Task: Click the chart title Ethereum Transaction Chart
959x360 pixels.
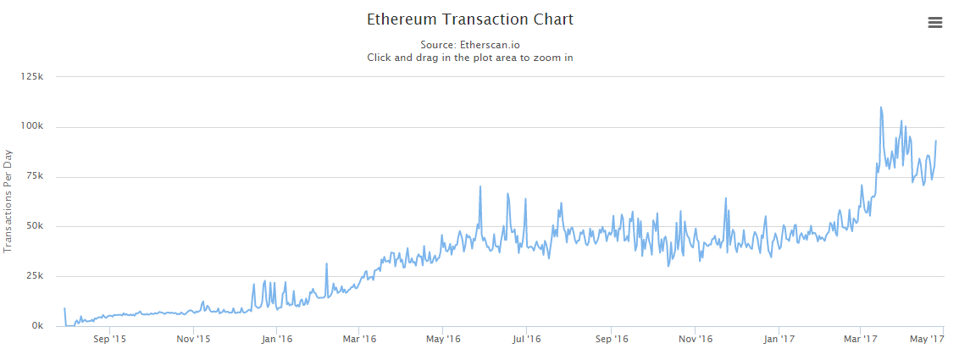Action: point(470,19)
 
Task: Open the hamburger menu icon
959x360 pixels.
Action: point(935,23)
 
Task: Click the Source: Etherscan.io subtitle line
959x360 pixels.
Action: point(470,44)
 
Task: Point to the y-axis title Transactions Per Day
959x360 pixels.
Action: point(8,202)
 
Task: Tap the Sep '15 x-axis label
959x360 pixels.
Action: point(109,340)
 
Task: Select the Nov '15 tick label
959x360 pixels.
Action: point(193,340)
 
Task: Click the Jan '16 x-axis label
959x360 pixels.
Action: point(276,340)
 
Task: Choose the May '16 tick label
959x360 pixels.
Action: point(443,340)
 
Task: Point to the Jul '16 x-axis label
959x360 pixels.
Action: point(526,340)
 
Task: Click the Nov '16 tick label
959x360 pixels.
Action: point(695,340)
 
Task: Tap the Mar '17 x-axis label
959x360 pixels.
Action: point(860,340)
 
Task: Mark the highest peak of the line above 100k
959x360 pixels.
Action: point(881,108)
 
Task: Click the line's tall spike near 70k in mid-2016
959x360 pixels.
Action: point(480,187)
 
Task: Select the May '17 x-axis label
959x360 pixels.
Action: point(927,340)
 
